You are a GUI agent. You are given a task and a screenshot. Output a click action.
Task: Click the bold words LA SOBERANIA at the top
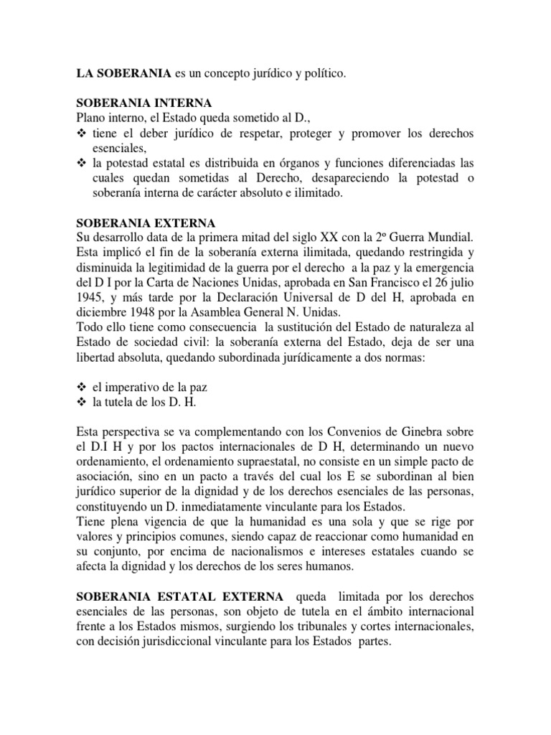[124, 73]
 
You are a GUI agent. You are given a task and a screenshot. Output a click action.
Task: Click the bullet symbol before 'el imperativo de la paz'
[81, 387]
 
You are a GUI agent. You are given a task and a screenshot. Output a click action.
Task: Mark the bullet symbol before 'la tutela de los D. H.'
[81, 402]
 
